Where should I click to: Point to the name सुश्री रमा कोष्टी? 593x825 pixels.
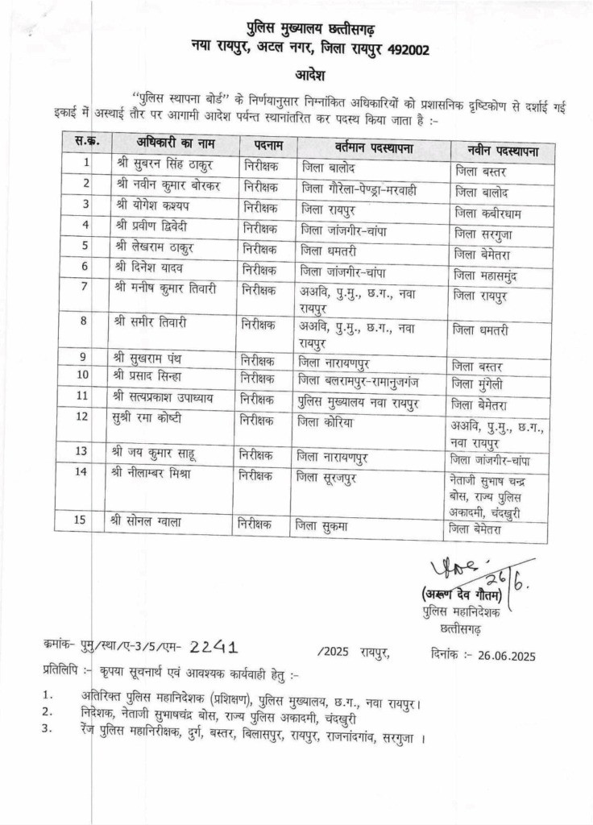(x=159, y=418)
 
